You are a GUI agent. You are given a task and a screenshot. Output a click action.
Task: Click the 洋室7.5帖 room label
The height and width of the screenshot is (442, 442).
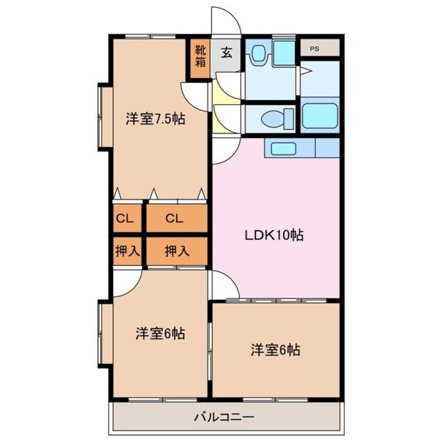[155, 119]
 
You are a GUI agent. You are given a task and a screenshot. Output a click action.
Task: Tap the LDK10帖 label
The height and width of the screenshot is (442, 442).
[274, 235]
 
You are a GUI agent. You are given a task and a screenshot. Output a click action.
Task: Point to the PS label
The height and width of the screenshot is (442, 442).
[314, 49]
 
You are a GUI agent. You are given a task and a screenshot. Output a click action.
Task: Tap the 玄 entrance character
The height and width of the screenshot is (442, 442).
[226, 52]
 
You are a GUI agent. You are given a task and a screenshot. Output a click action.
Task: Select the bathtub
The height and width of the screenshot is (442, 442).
[319, 115]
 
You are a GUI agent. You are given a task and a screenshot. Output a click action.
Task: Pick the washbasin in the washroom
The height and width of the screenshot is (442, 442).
[258, 53]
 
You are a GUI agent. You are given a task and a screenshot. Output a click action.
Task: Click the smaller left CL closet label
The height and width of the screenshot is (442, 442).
[124, 219]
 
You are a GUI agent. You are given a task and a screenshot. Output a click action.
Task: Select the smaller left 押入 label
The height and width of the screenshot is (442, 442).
[127, 251]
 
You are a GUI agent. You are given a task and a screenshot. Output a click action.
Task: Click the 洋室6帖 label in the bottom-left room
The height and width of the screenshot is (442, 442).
[160, 333]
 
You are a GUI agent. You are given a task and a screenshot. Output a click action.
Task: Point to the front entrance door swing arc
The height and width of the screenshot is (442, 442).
[226, 21]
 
